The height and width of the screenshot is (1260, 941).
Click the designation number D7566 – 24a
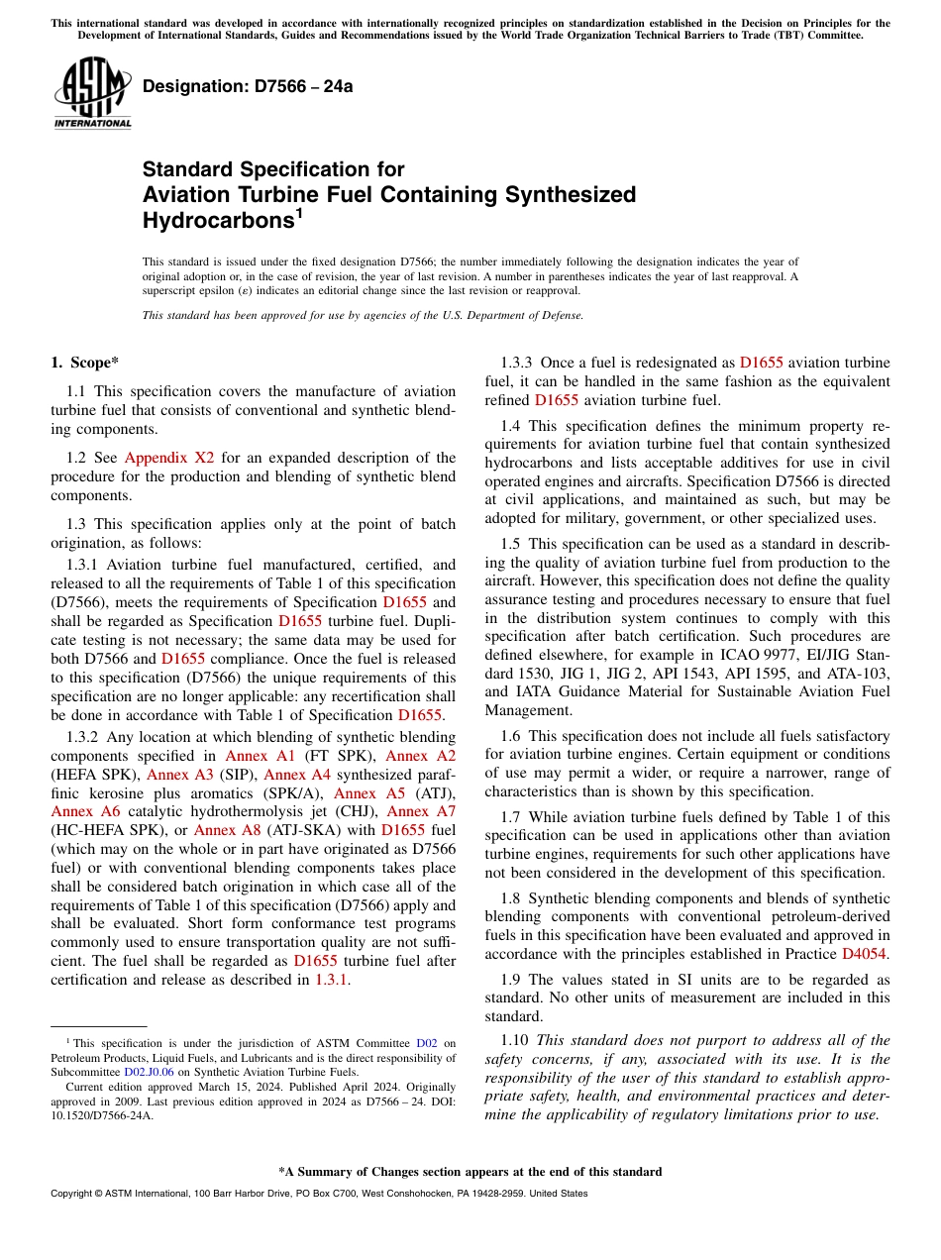(248, 86)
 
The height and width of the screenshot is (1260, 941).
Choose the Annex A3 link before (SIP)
(180, 775)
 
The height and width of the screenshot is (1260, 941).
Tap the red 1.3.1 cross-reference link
(332, 981)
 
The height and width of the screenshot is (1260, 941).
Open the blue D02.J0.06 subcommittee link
(149, 1071)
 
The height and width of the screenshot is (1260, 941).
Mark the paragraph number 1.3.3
(517, 363)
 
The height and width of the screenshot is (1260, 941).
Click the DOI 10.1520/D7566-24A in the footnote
(103, 1114)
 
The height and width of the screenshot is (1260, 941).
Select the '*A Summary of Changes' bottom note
(470, 1172)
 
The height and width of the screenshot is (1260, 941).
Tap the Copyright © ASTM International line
(318, 1194)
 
